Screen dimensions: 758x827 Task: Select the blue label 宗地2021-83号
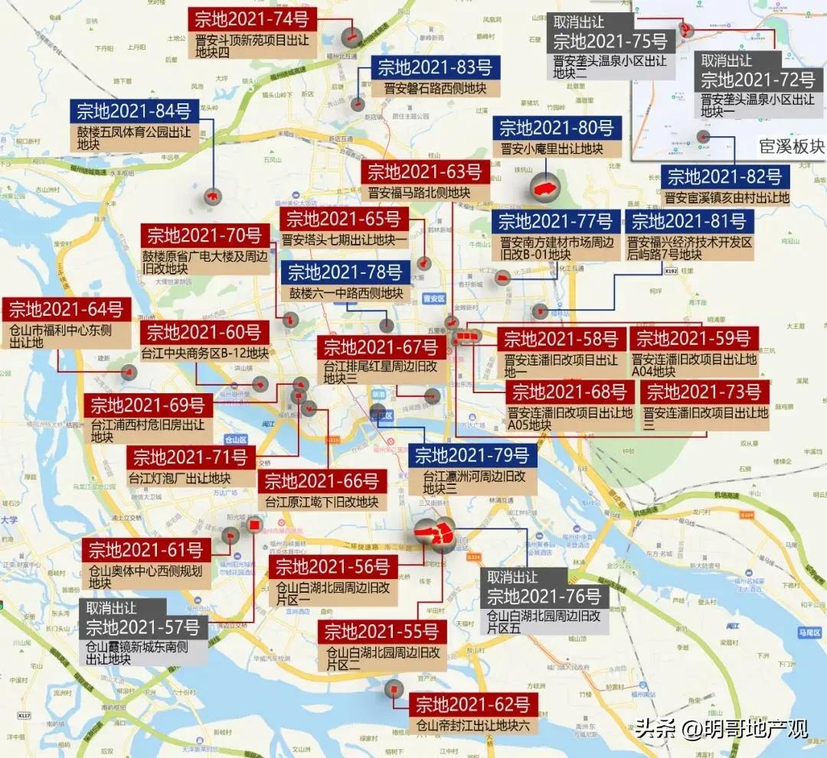click(x=434, y=67)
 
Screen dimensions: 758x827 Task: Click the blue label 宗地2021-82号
click(x=724, y=177)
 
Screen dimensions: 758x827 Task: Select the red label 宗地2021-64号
click(x=66, y=310)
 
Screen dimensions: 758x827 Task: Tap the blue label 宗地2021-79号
click(x=472, y=456)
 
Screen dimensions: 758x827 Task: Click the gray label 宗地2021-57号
click(x=142, y=628)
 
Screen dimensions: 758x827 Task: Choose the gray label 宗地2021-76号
click(x=544, y=596)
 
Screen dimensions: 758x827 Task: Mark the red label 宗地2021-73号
click(x=704, y=392)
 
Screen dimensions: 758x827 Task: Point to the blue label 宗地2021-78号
click(x=345, y=272)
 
